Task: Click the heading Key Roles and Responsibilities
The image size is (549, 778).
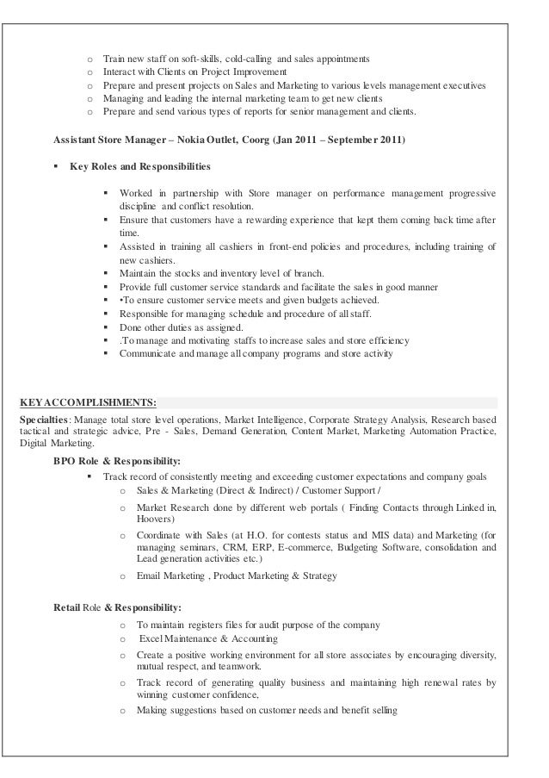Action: (139, 165)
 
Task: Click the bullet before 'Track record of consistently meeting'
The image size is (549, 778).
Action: (90, 476)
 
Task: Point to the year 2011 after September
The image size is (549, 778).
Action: (383, 140)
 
